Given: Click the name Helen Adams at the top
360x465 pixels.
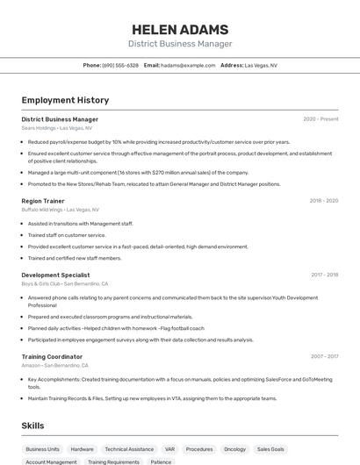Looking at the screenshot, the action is coord(180,30).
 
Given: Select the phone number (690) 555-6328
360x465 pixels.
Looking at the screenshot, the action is coord(120,65).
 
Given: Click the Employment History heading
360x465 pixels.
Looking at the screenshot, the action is coord(65,100).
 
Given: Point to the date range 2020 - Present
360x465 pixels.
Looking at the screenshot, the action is coord(320,119).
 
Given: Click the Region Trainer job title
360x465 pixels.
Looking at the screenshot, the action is coord(43,201).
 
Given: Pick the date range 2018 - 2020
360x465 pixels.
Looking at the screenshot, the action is coord(323,201).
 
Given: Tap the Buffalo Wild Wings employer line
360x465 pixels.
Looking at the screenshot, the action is coord(60,210).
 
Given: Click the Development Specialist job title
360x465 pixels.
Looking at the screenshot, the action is coord(55,275).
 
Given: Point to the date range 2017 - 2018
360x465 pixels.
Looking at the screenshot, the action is coord(324,275).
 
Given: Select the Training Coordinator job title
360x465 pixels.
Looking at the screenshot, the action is coord(52,356).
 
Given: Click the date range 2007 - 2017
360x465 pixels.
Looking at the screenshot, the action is coord(324,356).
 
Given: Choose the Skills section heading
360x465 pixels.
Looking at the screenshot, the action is coord(32,426).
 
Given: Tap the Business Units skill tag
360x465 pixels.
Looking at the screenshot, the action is coord(42,448).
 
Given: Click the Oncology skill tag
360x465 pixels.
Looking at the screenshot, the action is coord(234,448).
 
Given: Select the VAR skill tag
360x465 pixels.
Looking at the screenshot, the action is coord(169,448).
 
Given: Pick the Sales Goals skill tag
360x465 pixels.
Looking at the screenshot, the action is coord(270,448).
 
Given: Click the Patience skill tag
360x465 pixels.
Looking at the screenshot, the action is coord(161,461).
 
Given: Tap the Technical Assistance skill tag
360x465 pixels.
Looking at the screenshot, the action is coord(129,448).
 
